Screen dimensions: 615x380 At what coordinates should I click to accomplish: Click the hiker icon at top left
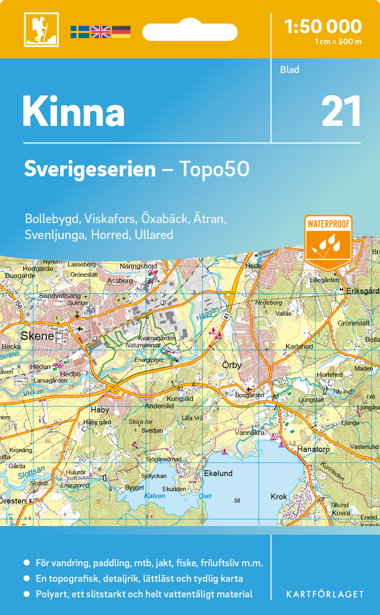pyautogui.click(x=41, y=30)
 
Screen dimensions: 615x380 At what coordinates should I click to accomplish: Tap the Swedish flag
pyautogui.click(x=80, y=32)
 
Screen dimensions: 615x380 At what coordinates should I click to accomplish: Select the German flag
pyautogui.click(x=121, y=32)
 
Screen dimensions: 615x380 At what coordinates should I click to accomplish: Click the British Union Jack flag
pyautogui.click(x=101, y=32)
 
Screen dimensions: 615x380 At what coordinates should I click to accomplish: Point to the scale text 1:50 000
pyautogui.click(x=323, y=27)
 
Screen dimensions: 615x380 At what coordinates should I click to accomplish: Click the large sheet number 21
pyautogui.click(x=341, y=112)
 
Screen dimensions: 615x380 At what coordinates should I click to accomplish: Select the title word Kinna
pyautogui.click(x=74, y=112)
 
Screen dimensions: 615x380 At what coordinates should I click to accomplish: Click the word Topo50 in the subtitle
pyautogui.click(x=214, y=169)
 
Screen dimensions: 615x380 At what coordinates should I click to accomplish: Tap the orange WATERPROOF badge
pyautogui.click(x=328, y=242)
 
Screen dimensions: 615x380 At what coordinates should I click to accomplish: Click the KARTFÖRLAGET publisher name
pyautogui.click(x=325, y=594)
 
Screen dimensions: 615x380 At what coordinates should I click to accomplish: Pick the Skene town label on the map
pyautogui.click(x=37, y=336)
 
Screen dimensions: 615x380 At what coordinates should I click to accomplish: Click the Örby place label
pyautogui.click(x=232, y=365)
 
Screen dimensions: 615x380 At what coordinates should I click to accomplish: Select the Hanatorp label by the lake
pyautogui.click(x=313, y=449)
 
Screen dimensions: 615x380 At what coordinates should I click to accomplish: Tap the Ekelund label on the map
pyautogui.click(x=218, y=473)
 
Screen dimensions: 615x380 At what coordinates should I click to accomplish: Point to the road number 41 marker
pyautogui.click(x=227, y=316)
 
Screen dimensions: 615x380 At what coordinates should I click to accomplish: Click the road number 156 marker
pyautogui.click(x=18, y=304)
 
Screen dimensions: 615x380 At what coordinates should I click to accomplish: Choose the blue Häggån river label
pyautogui.click(x=208, y=314)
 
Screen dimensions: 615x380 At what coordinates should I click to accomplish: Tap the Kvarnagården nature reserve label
pyautogui.click(x=157, y=338)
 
